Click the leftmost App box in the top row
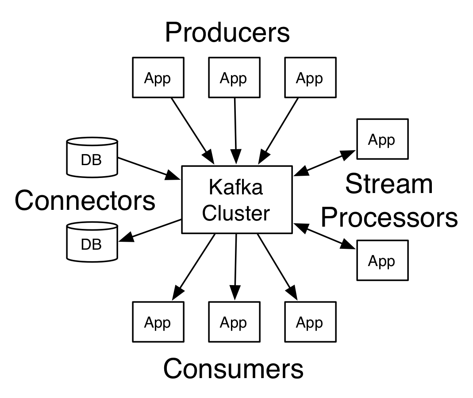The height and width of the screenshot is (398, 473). point(158,77)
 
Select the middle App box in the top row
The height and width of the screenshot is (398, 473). point(234,77)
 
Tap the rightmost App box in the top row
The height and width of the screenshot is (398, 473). point(310,77)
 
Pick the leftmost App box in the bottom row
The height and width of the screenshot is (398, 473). point(158,322)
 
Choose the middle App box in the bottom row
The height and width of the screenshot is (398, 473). point(234,322)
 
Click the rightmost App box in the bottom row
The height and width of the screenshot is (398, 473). point(310,322)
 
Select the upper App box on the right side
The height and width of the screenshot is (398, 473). point(382,139)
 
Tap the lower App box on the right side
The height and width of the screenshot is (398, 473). point(382,260)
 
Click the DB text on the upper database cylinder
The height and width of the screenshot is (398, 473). point(91,160)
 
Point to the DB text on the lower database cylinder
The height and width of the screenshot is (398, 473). point(91,244)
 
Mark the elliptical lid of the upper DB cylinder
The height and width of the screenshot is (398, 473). point(92,142)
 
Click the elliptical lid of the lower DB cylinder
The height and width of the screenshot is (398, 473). point(92,227)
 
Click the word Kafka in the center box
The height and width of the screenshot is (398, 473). point(235,187)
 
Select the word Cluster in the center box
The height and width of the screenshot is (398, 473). point(235,213)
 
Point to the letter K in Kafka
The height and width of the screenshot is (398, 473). point(214,187)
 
